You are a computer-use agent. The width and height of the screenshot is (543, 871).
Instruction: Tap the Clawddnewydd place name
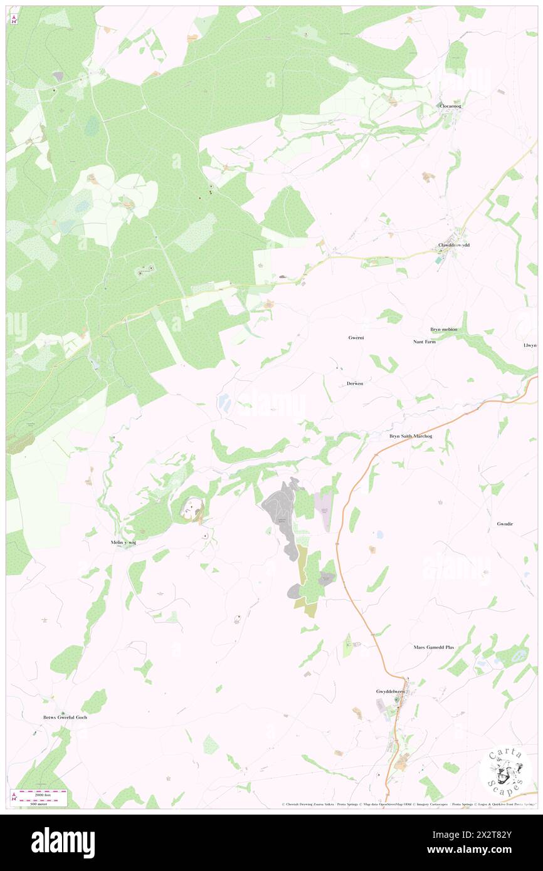tap(453, 245)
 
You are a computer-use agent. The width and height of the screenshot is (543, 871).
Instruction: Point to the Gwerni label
tap(356, 338)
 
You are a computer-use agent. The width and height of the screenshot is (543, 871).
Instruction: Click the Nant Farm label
tap(424, 342)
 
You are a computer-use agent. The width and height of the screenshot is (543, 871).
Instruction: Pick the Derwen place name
tap(354, 383)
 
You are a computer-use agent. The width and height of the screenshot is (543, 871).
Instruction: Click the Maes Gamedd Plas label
tap(434, 647)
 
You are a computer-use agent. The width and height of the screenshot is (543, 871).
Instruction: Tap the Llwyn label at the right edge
tap(530, 345)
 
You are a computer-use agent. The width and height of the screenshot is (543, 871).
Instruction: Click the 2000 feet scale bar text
tap(43, 793)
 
